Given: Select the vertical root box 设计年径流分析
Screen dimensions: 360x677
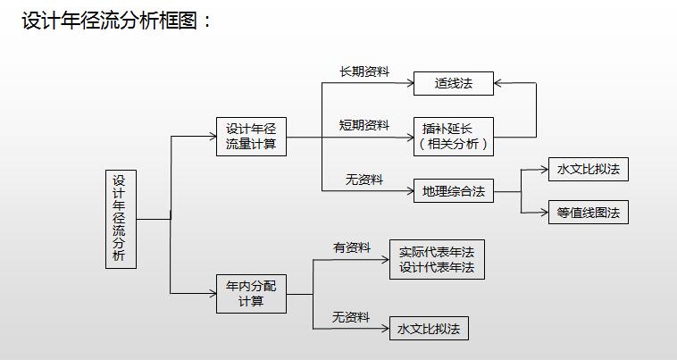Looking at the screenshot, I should pos(121,219).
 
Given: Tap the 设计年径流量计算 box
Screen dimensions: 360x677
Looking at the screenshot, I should pos(251,138).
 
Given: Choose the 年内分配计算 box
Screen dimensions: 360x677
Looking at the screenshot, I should pos(251,293).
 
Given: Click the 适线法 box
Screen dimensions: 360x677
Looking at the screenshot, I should pos(453,84).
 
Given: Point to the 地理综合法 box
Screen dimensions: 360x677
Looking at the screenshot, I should pos(453,190).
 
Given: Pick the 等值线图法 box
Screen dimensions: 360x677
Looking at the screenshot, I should pos(588,213).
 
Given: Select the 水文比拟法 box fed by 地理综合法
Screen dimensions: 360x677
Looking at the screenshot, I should pos(588,169).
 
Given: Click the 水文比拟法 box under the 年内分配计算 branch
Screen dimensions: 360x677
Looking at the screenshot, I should pos(429,329).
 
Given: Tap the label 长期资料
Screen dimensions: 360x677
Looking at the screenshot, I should pos(364,71).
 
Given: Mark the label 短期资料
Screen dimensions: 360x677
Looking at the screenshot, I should pos(364,125).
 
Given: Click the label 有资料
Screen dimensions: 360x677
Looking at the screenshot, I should pos(352,247).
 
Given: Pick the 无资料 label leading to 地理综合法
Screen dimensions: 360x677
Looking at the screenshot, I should pos(364,180).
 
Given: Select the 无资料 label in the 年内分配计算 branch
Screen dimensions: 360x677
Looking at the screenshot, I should pos(351,317).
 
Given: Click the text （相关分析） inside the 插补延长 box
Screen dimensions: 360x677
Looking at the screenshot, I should pos(453,143).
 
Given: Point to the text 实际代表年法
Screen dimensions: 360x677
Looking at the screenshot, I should pos(437,252).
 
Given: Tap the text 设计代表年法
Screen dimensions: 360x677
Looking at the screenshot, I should pos(437,267).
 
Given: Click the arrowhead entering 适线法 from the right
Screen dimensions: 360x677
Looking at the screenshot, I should pos(499,84).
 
